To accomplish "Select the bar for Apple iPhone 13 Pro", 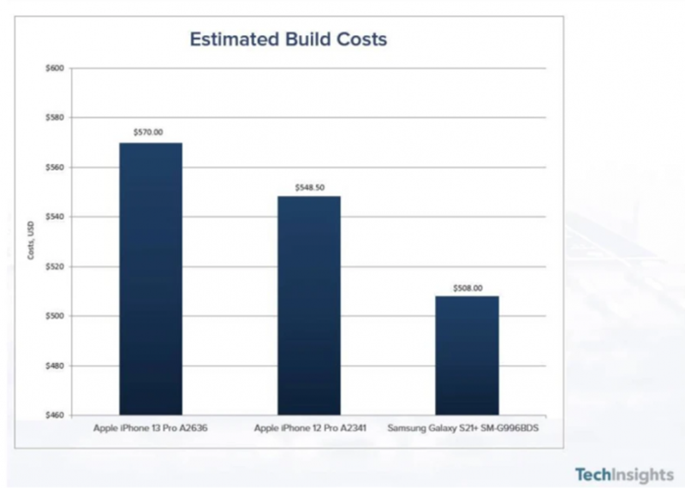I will pyautogui.click(x=151, y=278).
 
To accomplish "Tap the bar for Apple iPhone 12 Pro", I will pyautogui.click(x=308, y=305).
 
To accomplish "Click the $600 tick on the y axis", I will pyautogui.click(x=54, y=68).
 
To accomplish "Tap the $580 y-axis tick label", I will pyautogui.click(x=54, y=117).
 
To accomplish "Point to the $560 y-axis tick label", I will pyautogui.click(x=54, y=167).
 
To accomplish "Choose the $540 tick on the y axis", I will pyautogui.click(x=54, y=217).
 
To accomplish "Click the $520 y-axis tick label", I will pyautogui.click(x=54, y=266).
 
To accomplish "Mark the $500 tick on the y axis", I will pyautogui.click(x=54, y=316).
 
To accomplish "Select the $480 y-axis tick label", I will pyautogui.click(x=54, y=366).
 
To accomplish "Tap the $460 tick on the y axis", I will pyautogui.click(x=54, y=415).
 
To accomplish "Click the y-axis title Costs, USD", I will pyautogui.click(x=32, y=242).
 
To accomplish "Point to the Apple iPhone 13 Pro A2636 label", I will pyautogui.click(x=151, y=426).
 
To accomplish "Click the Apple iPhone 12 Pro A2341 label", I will pyautogui.click(x=308, y=426).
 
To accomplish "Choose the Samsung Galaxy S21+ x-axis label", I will pyautogui.click(x=467, y=426).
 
